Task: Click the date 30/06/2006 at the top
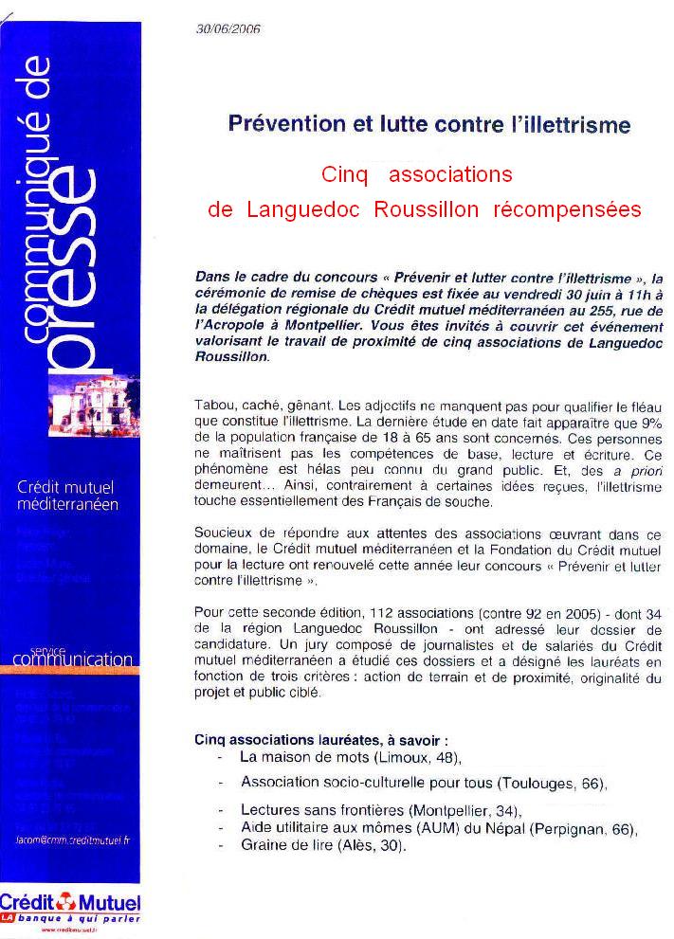pyautogui.click(x=228, y=29)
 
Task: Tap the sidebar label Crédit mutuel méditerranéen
pyautogui.click(x=68, y=496)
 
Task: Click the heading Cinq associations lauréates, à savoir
pyautogui.click(x=321, y=739)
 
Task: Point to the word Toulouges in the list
pyautogui.click(x=535, y=784)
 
